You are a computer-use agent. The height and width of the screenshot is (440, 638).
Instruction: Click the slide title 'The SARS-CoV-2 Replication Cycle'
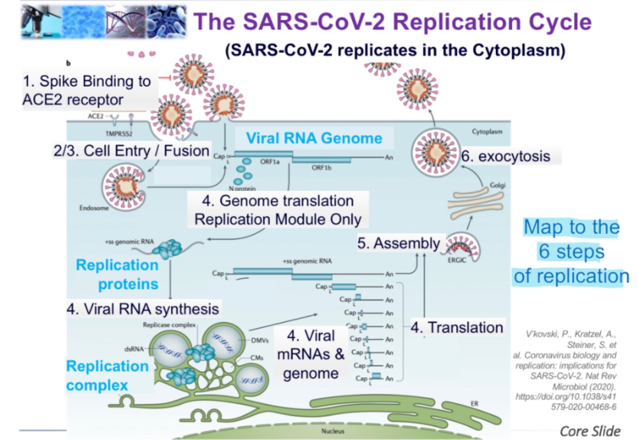click(392, 21)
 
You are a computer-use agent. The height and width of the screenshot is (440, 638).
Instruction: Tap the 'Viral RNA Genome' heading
click(314, 138)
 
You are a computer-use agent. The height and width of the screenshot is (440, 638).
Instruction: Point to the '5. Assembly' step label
click(398, 243)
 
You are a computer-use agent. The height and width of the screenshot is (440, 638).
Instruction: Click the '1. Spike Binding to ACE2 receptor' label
click(87, 91)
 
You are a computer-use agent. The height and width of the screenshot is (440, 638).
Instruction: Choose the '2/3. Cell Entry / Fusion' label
click(131, 150)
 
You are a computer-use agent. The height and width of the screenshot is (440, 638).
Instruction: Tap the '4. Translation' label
click(457, 327)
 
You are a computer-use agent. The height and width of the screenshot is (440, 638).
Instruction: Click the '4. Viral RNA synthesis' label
click(143, 309)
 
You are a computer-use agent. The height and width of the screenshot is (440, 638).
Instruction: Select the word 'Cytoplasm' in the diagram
click(487, 131)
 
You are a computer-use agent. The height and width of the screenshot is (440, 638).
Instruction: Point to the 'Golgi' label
click(497, 185)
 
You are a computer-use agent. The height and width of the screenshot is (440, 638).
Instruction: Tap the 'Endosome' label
click(94, 208)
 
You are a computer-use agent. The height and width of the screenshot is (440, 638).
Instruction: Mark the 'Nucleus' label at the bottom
click(332, 431)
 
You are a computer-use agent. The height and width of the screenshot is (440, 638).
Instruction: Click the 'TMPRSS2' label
click(119, 134)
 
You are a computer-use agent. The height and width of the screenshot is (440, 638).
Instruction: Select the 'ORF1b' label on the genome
click(321, 168)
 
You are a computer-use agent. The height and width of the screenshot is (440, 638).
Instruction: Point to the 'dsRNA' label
click(133, 349)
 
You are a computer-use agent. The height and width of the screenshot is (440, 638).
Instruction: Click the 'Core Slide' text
click(590, 430)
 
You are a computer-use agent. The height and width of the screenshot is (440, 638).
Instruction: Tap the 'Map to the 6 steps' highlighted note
click(572, 251)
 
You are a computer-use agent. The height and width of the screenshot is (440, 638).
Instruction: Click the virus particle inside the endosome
click(123, 186)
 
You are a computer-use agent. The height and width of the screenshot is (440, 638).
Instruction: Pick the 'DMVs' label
click(260, 340)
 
